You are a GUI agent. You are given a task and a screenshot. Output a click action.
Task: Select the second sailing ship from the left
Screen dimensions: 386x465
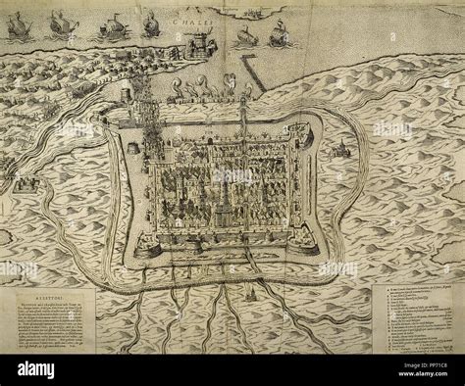(62, 23)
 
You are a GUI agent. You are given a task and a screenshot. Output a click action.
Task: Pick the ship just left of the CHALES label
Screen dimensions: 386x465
(151, 24)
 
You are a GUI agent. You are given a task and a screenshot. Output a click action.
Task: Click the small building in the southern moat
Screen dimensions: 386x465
(250, 293)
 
